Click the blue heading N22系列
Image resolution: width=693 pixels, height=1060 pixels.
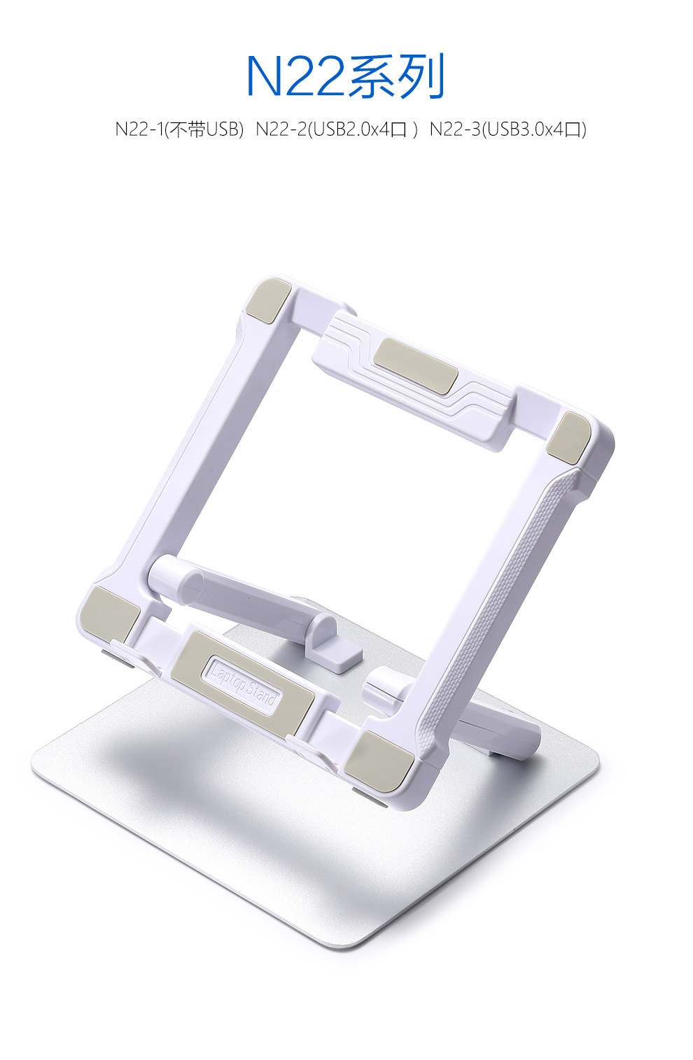pyautogui.click(x=346, y=76)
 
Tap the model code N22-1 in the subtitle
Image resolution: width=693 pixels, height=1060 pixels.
pyautogui.click(x=139, y=129)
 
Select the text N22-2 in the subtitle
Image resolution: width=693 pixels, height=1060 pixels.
pyautogui.click(x=281, y=129)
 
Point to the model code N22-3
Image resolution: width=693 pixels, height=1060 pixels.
pyautogui.click(x=454, y=129)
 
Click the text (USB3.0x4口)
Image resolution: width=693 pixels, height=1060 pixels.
pyautogui.click(x=533, y=129)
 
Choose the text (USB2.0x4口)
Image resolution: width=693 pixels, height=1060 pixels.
pyautogui.click(x=363, y=129)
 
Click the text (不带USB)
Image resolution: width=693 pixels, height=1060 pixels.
pyautogui.click(x=204, y=129)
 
